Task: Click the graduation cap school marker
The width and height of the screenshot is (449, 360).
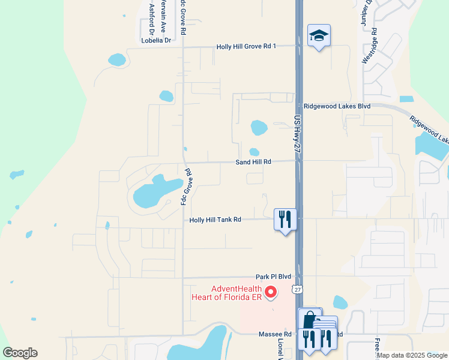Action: pos(319,37)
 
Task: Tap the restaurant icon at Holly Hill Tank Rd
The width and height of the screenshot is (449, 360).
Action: pos(285,219)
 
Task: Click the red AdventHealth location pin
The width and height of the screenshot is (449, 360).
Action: pos(271,292)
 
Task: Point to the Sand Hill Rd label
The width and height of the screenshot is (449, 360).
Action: pos(253,162)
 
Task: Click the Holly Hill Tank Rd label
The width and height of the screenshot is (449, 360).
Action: pos(215,220)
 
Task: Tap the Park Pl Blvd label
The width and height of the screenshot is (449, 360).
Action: pos(273,277)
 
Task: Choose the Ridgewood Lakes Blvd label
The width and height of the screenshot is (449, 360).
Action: pos(337,106)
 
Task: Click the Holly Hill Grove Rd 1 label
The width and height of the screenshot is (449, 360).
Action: pos(246,47)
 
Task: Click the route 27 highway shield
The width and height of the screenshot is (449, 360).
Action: pos(298,289)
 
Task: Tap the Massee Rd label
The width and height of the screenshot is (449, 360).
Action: pos(275,334)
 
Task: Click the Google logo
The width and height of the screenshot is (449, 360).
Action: pos(20,353)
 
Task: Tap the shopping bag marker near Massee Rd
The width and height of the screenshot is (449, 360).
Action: pos(310,319)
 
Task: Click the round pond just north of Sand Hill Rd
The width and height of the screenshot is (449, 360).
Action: pos(254,152)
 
